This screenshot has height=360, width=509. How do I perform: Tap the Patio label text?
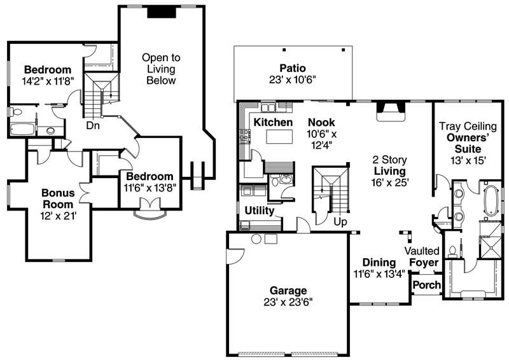[292, 68]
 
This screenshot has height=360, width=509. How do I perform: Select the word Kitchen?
[273, 122]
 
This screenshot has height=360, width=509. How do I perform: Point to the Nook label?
[321, 122]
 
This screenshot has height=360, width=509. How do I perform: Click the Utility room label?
[260, 210]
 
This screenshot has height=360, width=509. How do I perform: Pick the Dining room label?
[379, 262]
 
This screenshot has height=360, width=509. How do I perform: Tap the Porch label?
[426, 284]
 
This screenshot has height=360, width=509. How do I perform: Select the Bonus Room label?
[58, 198]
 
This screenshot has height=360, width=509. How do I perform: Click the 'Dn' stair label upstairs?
[93, 125]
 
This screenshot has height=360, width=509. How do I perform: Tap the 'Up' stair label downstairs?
[340, 222]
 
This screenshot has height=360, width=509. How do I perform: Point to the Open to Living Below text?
[160, 69]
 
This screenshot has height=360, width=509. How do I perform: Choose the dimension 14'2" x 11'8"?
[48, 81]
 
